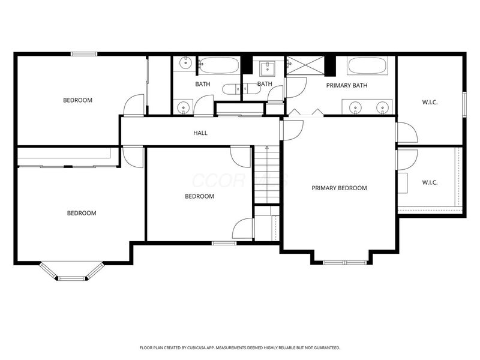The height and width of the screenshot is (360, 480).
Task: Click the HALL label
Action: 200,133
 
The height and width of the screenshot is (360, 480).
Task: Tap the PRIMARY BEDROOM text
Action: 339,188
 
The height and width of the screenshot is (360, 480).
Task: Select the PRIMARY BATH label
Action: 347,85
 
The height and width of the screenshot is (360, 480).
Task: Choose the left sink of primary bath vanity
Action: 356,108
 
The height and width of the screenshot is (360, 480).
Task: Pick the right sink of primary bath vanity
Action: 382,108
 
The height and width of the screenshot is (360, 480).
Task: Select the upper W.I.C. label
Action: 430,102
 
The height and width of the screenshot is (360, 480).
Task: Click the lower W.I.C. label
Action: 430,182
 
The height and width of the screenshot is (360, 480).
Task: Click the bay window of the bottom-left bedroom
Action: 72,278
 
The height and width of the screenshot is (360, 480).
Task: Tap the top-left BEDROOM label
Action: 78,100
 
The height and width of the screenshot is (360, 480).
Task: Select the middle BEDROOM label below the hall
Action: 199,196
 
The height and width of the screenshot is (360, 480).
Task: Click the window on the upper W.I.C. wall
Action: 464,102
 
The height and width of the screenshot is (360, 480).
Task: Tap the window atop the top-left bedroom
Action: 84,54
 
